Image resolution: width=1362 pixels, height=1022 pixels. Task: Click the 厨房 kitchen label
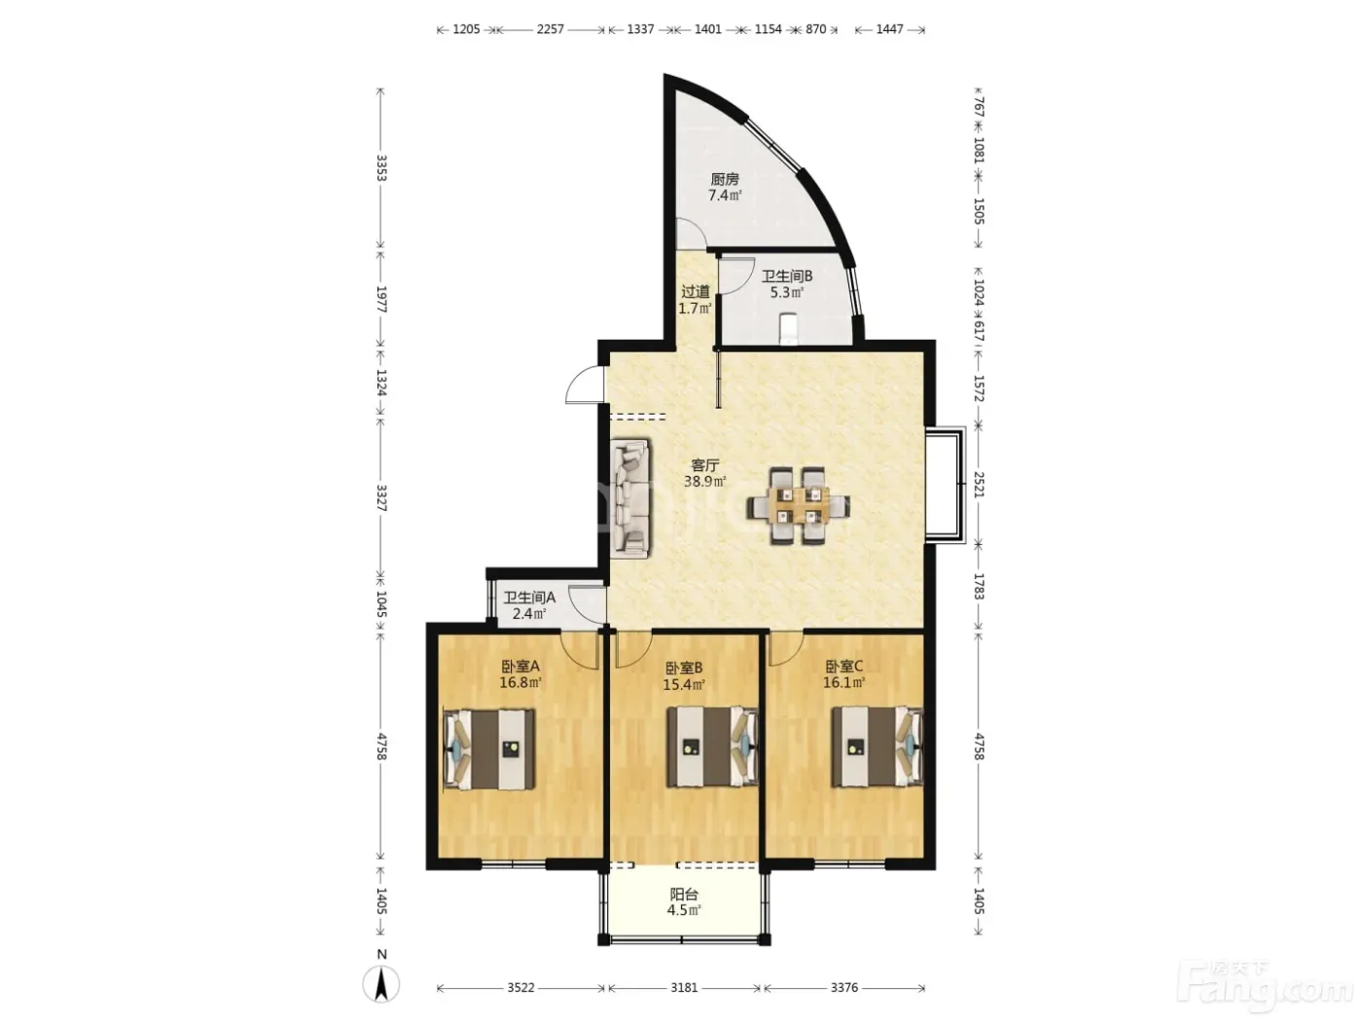[724, 180]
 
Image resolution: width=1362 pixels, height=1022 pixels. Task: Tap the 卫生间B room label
[787, 276]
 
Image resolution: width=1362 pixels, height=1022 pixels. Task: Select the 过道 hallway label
[695, 291]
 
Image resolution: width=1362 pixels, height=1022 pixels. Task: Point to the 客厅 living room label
[705, 465]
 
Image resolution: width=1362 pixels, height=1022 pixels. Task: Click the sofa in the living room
[631, 496]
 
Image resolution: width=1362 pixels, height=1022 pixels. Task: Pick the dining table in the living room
[798, 506]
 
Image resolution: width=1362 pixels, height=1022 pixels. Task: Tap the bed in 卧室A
[489, 749]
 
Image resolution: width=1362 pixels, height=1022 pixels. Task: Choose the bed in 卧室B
[712, 747]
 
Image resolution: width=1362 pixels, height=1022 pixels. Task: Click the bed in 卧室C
[877, 747]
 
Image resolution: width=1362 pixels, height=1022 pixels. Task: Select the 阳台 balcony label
[684, 894]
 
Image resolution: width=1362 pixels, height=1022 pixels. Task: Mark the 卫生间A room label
[528, 598]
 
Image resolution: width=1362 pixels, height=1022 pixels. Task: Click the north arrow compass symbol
[381, 982]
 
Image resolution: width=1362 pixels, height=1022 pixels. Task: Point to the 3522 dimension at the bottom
[520, 987]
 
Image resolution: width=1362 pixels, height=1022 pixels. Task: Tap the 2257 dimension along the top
[550, 29]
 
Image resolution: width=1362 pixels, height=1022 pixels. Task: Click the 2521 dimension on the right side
[979, 485]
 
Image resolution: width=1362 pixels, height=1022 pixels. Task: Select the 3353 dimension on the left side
[381, 167]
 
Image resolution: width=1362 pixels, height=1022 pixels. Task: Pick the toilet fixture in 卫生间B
[787, 328]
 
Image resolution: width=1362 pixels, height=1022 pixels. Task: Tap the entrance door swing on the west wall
[585, 384]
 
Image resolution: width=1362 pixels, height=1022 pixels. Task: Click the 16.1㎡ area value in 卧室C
[843, 682]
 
